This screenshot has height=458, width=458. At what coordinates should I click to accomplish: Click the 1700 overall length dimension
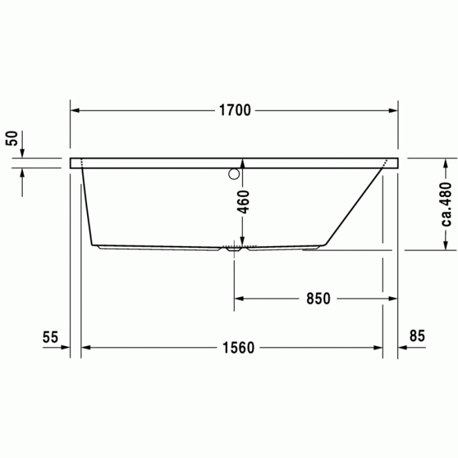(x=234, y=111)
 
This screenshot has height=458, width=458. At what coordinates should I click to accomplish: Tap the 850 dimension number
(x=317, y=298)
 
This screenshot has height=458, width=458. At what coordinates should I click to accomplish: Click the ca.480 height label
(x=447, y=203)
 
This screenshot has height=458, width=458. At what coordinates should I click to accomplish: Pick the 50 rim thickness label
(x=11, y=139)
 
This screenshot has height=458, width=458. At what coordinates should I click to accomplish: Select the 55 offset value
(x=50, y=337)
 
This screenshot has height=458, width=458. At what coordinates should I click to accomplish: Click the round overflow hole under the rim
(x=234, y=174)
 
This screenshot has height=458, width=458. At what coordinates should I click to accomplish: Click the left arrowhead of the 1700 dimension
(x=75, y=111)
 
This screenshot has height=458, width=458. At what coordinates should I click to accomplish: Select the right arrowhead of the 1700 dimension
(x=393, y=111)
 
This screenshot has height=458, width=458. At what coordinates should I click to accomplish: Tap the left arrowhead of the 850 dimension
(x=239, y=298)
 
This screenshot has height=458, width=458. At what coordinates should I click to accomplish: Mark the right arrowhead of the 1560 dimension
(x=379, y=347)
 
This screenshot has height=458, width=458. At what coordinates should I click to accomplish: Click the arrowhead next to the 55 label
(x=65, y=347)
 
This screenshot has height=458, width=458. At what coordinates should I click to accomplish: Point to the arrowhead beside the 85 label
(x=402, y=347)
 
